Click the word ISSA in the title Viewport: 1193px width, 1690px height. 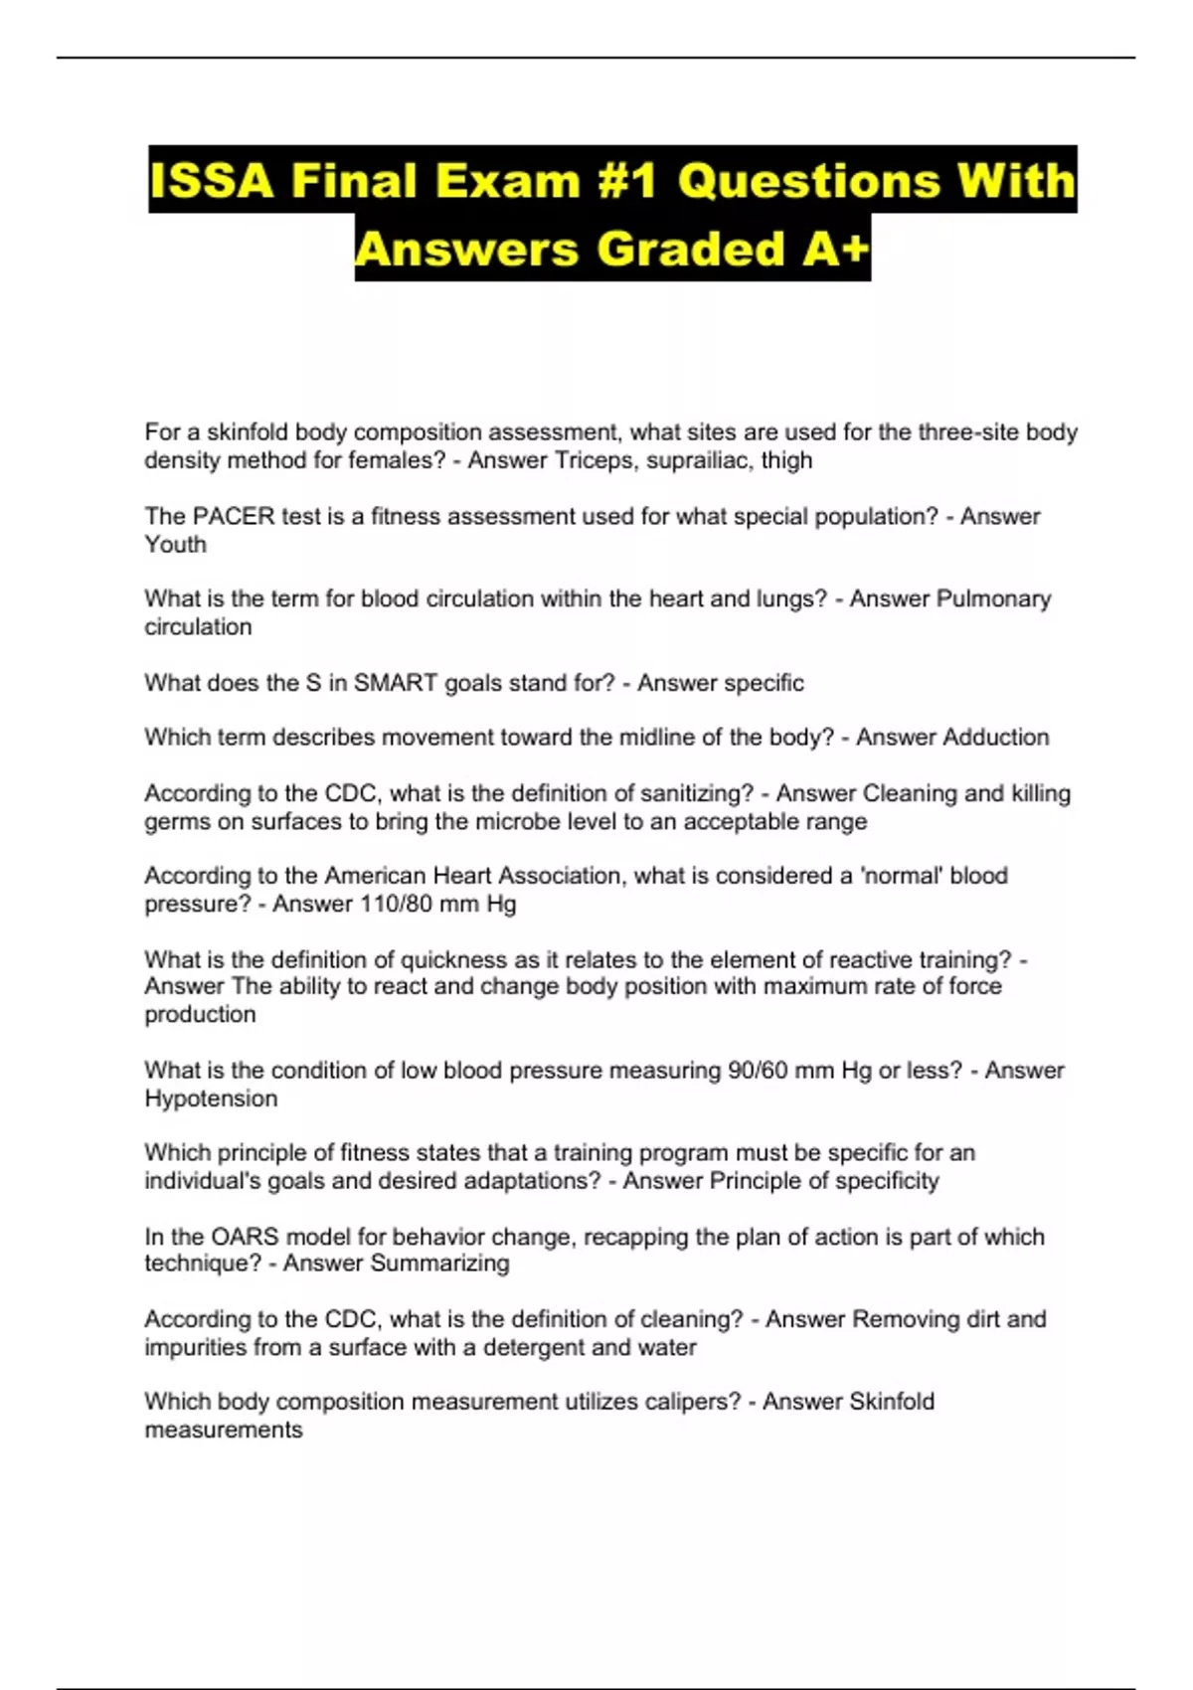(212, 181)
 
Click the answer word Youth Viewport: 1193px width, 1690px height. (175, 545)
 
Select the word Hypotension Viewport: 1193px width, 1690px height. (211, 1098)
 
